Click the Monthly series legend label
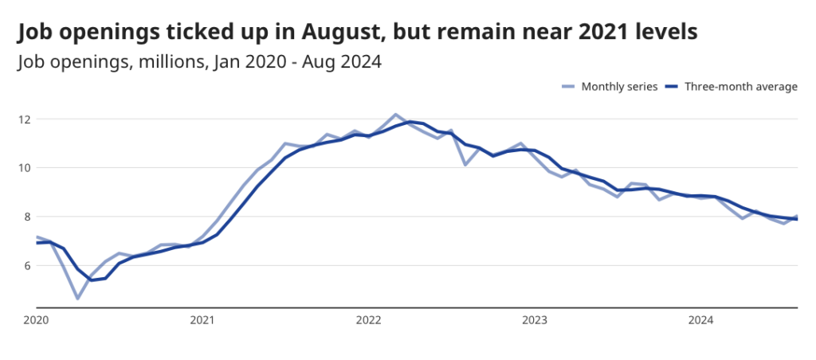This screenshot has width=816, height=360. [619, 87]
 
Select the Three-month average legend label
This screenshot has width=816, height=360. [741, 87]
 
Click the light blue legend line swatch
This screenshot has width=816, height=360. [569, 87]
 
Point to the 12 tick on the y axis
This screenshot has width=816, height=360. [25, 119]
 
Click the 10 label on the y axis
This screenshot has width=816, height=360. [25, 168]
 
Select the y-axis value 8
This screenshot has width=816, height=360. [29, 217]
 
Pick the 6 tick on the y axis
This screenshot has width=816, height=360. [29, 265]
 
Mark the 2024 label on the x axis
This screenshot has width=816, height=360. [700, 320]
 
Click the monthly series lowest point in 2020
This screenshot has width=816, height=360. [77, 299]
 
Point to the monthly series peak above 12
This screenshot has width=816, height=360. [396, 115]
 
